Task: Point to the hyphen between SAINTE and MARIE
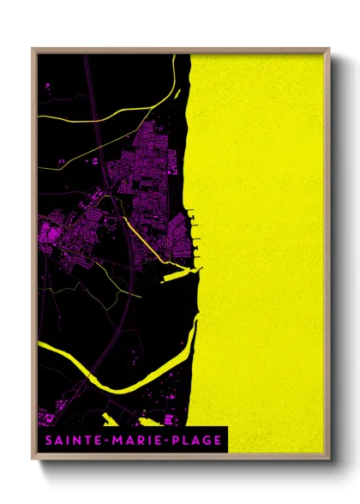click(103, 441)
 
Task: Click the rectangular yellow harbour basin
click(180, 275)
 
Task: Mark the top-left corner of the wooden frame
click(33, 50)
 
